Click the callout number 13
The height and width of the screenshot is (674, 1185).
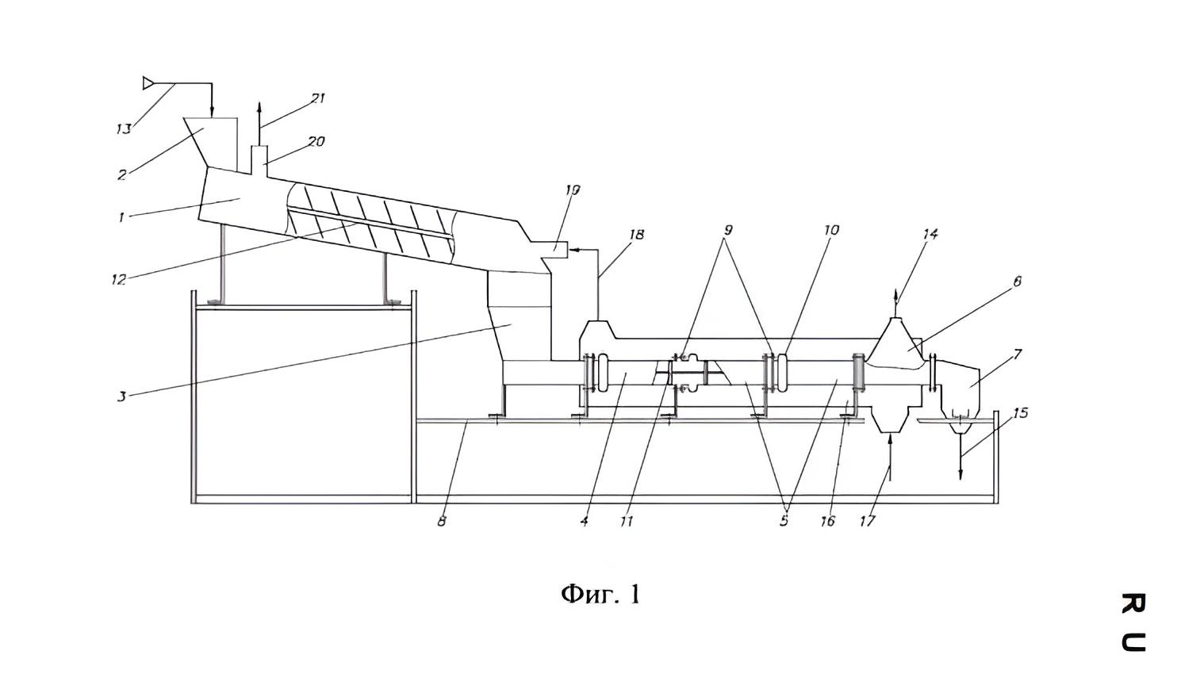123,128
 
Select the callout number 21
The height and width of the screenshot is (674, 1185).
318,98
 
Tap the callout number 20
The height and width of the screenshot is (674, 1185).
316,142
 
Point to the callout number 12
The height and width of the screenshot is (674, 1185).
119,279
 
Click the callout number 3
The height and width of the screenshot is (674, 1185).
121,396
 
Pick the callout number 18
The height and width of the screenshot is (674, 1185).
637,235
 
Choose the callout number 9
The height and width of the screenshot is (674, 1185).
728,230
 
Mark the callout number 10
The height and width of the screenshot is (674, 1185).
831,230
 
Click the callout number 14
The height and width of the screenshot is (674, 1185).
930,234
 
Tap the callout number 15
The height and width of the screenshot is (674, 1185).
1021,412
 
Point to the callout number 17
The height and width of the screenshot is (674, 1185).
868,521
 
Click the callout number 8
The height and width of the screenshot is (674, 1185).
442,521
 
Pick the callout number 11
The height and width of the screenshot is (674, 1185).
627,522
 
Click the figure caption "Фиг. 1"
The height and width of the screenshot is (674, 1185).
600,594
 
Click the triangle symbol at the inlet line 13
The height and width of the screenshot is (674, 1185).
148,83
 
